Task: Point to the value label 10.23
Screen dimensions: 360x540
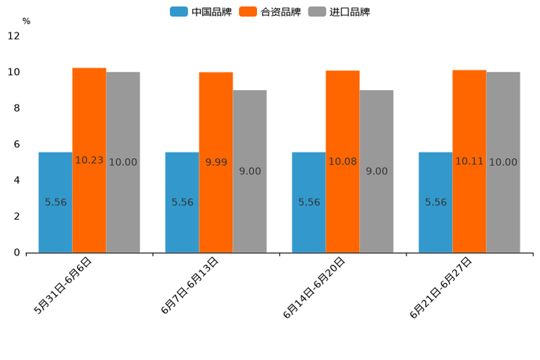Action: (89, 160)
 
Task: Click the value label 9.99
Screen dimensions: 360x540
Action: (216, 163)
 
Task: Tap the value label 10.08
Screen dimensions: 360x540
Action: (343, 161)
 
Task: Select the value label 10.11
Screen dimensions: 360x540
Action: (470, 161)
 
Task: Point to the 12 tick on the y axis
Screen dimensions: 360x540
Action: (14, 36)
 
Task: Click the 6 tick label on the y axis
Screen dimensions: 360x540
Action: (17, 144)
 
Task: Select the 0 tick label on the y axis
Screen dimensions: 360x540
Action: (17, 253)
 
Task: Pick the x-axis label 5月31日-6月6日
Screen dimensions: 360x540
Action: (63, 286)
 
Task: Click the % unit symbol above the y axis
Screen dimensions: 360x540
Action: (26, 22)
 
